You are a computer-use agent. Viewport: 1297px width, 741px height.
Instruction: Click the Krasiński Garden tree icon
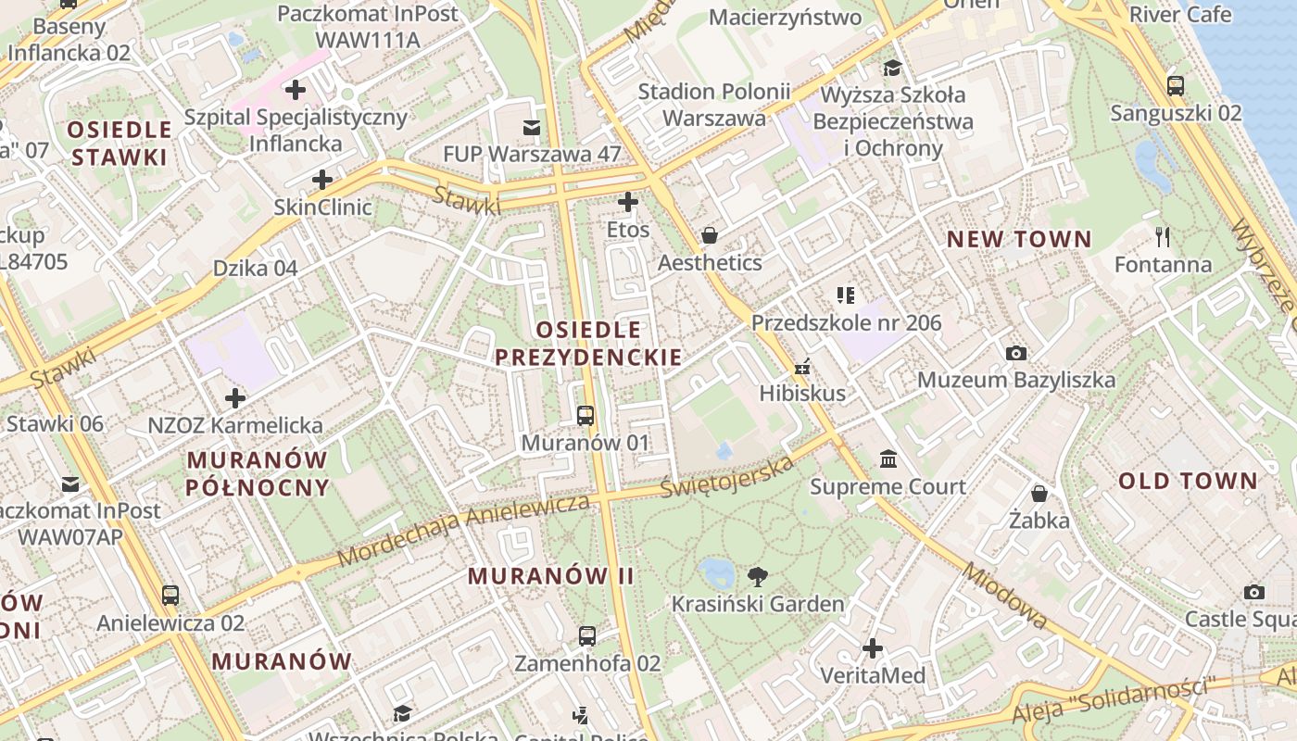click(x=758, y=577)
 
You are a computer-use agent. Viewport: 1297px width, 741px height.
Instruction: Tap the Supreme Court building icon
click(x=888, y=459)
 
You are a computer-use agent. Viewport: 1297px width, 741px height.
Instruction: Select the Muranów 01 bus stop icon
click(x=585, y=415)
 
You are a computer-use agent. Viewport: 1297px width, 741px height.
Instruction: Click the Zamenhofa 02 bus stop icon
click(x=586, y=635)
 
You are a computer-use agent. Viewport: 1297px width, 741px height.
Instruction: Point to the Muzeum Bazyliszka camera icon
click(x=1016, y=353)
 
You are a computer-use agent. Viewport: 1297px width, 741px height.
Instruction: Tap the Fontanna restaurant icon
click(x=1163, y=237)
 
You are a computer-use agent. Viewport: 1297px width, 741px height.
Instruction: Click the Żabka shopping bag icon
click(x=1039, y=493)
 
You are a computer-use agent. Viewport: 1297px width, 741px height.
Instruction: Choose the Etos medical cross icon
click(x=628, y=201)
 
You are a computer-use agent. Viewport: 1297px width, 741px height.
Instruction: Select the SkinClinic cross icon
click(x=322, y=179)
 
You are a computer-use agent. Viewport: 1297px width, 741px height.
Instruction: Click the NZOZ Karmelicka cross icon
click(x=235, y=398)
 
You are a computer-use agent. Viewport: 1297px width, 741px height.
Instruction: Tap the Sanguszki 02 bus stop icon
click(x=1175, y=86)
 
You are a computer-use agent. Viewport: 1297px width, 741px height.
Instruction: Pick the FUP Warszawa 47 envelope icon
click(x=532, y=127)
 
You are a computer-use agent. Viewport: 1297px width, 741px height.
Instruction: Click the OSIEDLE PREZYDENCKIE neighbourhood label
click(x=588, y=344)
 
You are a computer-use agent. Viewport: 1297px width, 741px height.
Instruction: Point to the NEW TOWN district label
click(x=1019, y=239)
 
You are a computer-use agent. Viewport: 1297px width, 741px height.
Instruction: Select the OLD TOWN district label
click(x=1188, y=481)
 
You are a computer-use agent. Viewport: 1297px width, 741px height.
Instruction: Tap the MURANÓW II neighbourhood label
click(x=551, y=576)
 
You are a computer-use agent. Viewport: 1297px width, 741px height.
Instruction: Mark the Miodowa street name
click(x=1005, y=596)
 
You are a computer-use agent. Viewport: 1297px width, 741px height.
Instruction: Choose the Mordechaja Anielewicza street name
click(x=463, y=530)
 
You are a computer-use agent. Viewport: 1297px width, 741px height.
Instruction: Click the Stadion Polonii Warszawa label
click(x=714, y=105)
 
